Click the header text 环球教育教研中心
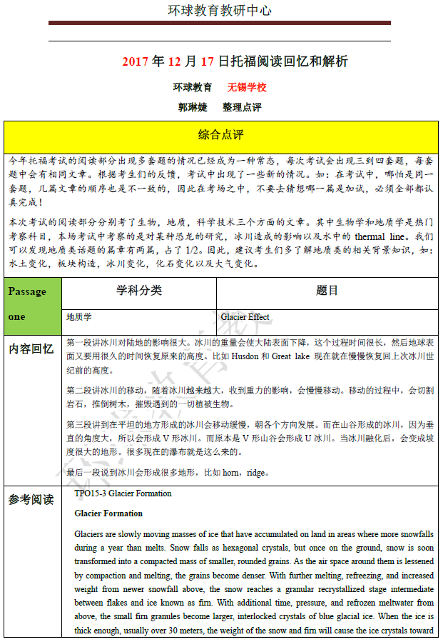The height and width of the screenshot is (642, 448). (x=219, y=10)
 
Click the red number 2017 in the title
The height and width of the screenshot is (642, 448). (x=135, y=61)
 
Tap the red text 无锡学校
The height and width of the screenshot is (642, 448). (x=247, y=87)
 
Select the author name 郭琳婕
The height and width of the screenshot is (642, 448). (x=193, y=107)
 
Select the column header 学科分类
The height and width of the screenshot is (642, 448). (x=139, y=291)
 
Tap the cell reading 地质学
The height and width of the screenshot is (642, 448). (x=79, y=316)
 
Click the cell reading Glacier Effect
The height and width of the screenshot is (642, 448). (x=245, y=316)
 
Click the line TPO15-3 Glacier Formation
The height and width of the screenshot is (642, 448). (x=123, y=493)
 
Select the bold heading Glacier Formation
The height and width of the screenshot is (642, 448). (x=108, y=513)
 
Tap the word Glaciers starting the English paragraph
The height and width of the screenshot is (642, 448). (x=91, y=534)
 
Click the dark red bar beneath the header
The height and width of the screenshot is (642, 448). (x=220, y=23)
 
